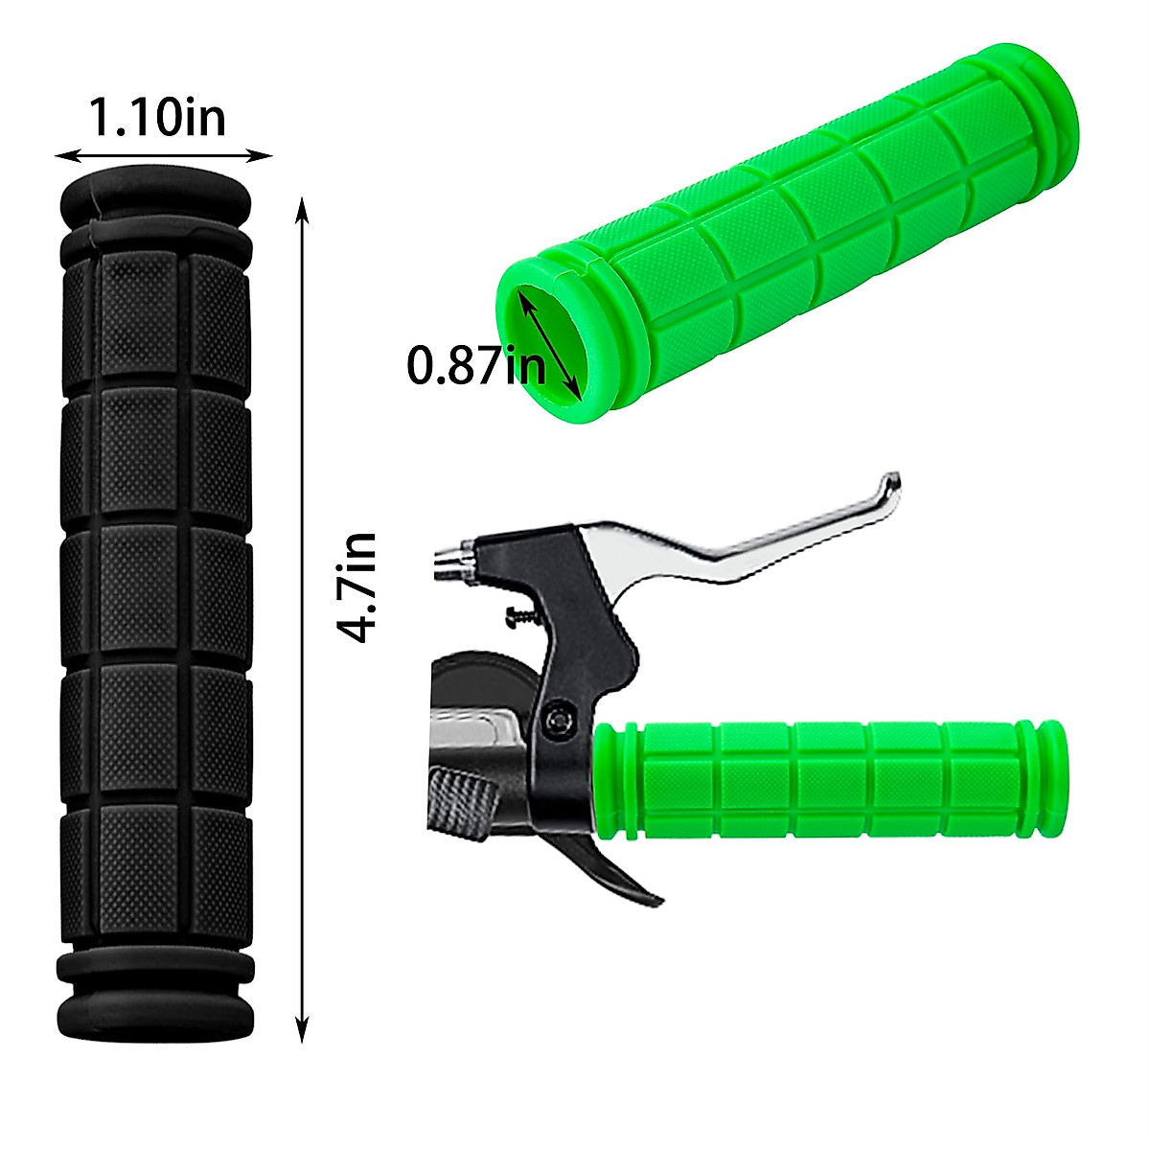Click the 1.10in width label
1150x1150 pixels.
pos(158,118)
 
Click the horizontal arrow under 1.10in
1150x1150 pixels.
pos(163,154)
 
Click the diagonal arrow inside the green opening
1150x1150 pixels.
pos(548,343)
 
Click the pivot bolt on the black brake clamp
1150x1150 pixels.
pos(559,719)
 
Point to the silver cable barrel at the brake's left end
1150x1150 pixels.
pos(453,561)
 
